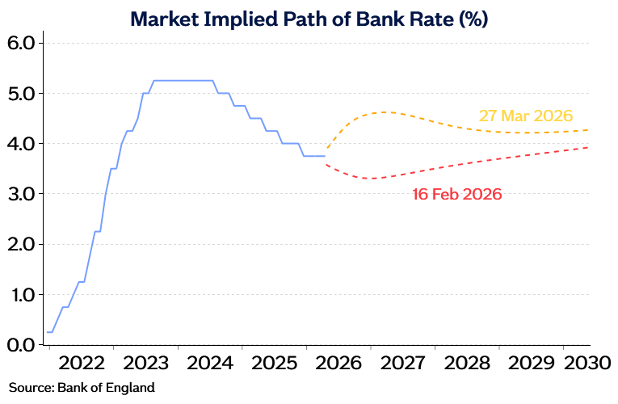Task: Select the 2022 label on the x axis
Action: coord(82,364)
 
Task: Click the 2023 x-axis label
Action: coord(146,364)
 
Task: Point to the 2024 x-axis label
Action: coord(210,364)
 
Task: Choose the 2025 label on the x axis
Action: coord(275,364)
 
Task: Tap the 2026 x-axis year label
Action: coord(338,364)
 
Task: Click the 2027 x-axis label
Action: coord(403,364)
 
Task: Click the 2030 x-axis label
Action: coord(587,364)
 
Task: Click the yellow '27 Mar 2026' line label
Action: coord(526,116)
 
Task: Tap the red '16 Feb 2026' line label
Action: coord(457,195)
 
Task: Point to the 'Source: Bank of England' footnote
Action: coord(82,387)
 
